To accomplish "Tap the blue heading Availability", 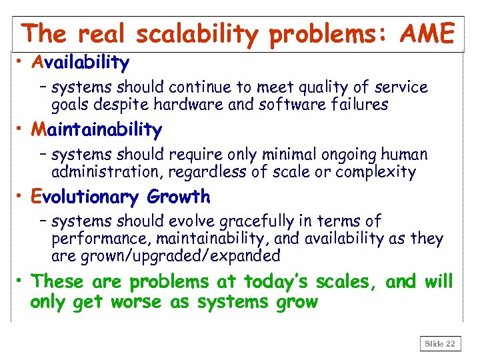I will tap(80, 63).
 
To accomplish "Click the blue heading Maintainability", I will tap(96, 129).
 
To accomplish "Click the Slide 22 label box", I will tap(440, 343).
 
